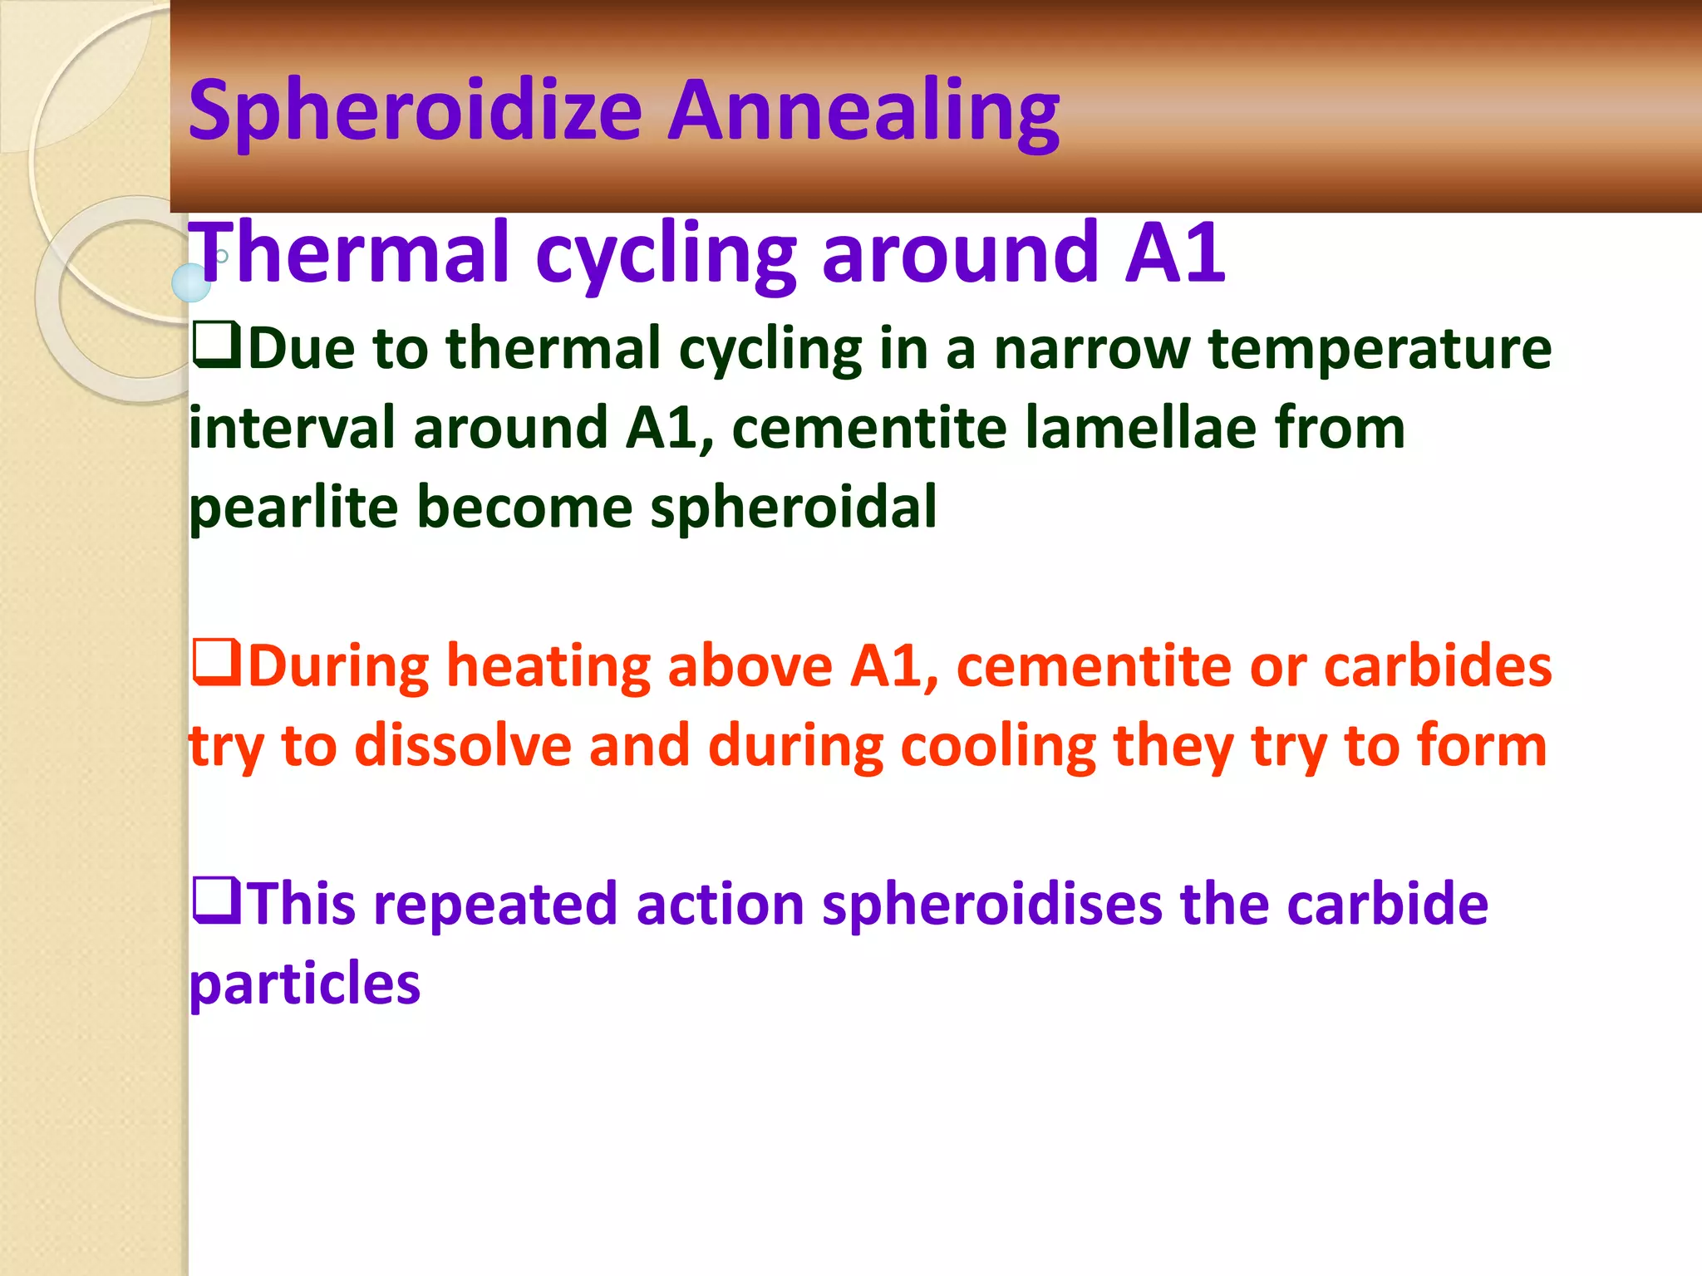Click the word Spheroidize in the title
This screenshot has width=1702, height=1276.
tap(416, 112)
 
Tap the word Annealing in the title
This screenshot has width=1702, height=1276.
tap(863, 112)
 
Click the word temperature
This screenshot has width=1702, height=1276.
tap(1380, 348)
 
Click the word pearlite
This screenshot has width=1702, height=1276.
tap(293, 508)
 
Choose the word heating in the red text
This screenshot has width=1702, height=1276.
tap(548, 666)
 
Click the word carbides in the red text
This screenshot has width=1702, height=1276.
tap(1438, 666)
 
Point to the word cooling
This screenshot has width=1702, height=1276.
tap(998, 745)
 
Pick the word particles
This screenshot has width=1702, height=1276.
tap(305, 984)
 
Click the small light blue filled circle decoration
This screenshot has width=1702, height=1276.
tap(191, 282)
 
